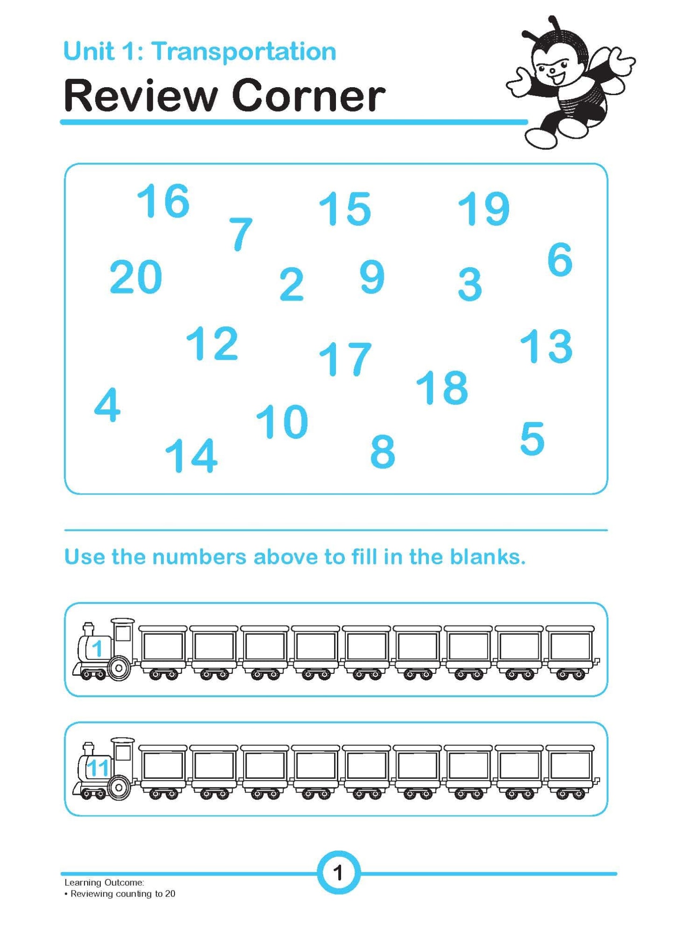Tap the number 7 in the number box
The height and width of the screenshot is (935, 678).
point(241,234)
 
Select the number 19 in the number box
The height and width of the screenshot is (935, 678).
point(483,208)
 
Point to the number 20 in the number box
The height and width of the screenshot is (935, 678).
point(136,277)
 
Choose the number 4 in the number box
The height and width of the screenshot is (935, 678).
point(107,404)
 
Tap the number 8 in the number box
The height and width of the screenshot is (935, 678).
point(382,451)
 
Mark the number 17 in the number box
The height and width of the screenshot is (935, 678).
point(345,359)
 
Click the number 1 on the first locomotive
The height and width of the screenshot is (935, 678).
point(97,648)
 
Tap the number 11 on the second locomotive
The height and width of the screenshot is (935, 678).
point(98,768)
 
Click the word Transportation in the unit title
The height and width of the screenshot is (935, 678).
point(244,51)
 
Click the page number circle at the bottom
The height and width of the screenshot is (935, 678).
point(338,873)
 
